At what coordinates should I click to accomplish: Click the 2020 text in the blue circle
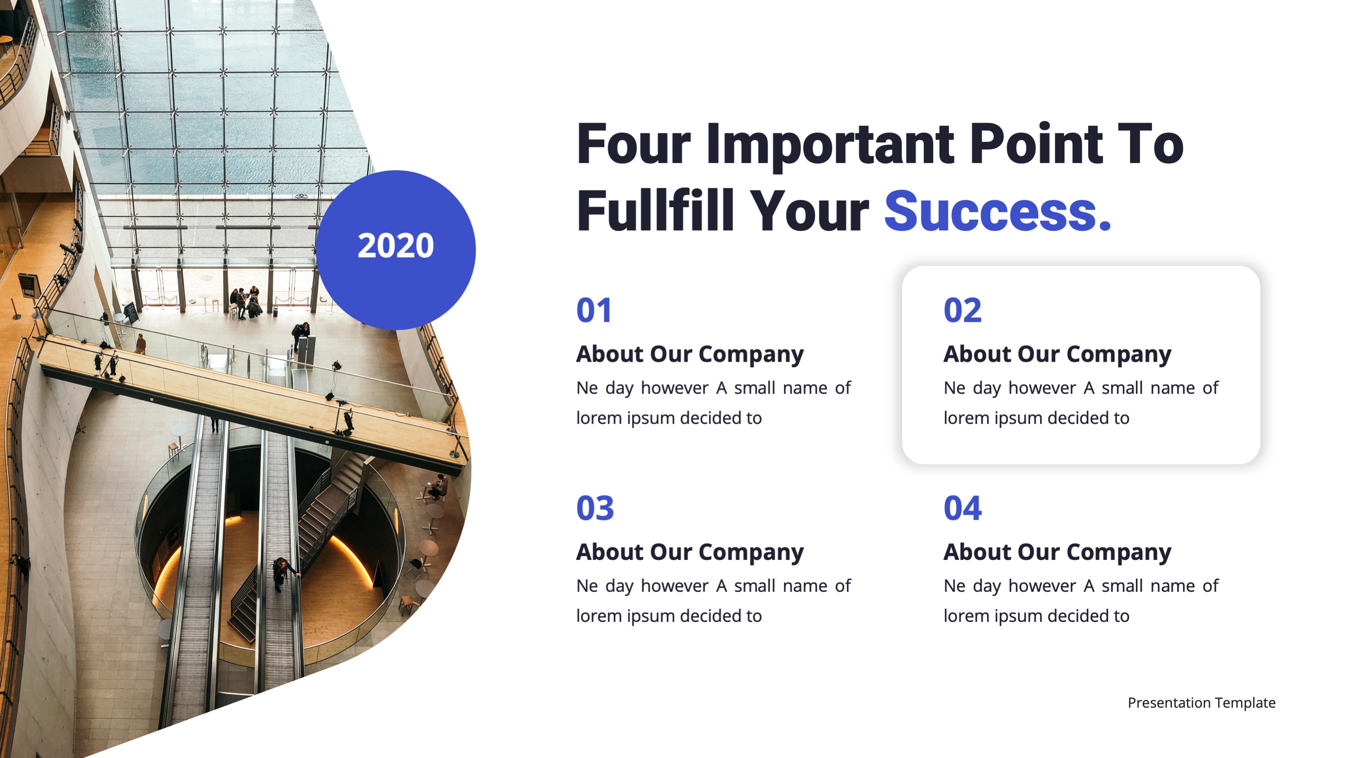tap(396, 245)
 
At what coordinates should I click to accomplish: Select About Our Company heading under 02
tap(1058, 355)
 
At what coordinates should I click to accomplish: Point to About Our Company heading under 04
tap(1058, 552)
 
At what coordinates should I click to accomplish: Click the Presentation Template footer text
tap(1201, 703)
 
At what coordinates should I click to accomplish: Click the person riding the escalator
tap(283, 574)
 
